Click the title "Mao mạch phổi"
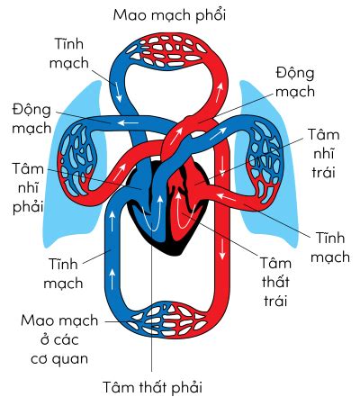click(x=169, y=15)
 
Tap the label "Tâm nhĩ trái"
click(x=324, y=154)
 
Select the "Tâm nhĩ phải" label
click(x=28, y=188)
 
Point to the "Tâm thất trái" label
click(x=275, y=282)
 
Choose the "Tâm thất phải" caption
click(x=152, y=387)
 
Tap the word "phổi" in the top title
click(x=211, y=15)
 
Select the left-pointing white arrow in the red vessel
click(x=226, y=197)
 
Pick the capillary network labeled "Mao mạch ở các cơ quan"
click(x=166, y=319)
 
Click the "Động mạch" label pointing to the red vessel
click(x=295, y=82)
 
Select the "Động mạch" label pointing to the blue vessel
click(x=31, y=119)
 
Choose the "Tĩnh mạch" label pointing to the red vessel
click(x=329, y=248)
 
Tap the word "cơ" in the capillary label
click(x=39, y=359)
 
